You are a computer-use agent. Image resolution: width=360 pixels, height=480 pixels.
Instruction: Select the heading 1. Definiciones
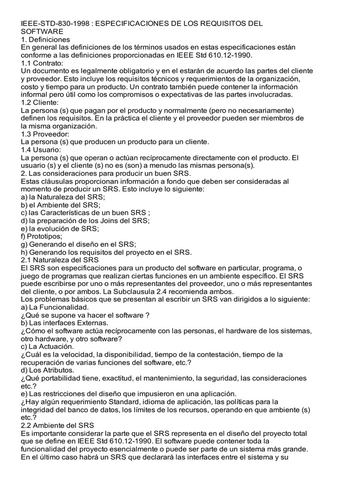click(46, 39)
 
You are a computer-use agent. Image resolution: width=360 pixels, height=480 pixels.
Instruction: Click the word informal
click(35, 95)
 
